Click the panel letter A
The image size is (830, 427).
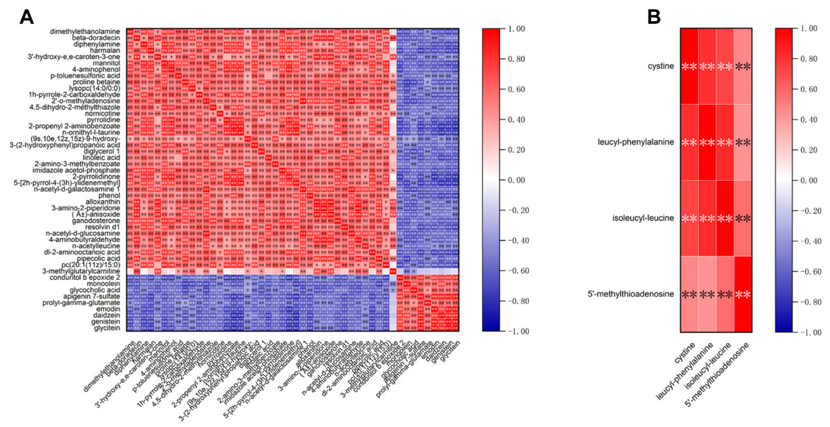pos(26,17)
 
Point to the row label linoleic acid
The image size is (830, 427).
pos(101,158)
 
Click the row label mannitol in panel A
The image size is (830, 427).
pos(106,63)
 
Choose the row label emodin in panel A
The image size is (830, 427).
pos(108,309)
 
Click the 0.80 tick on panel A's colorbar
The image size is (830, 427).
pos(516,59)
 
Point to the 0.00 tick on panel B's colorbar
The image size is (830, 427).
pos(809,180)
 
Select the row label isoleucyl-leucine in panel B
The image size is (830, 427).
pos(643,218)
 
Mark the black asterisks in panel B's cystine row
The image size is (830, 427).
pos(743,67)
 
